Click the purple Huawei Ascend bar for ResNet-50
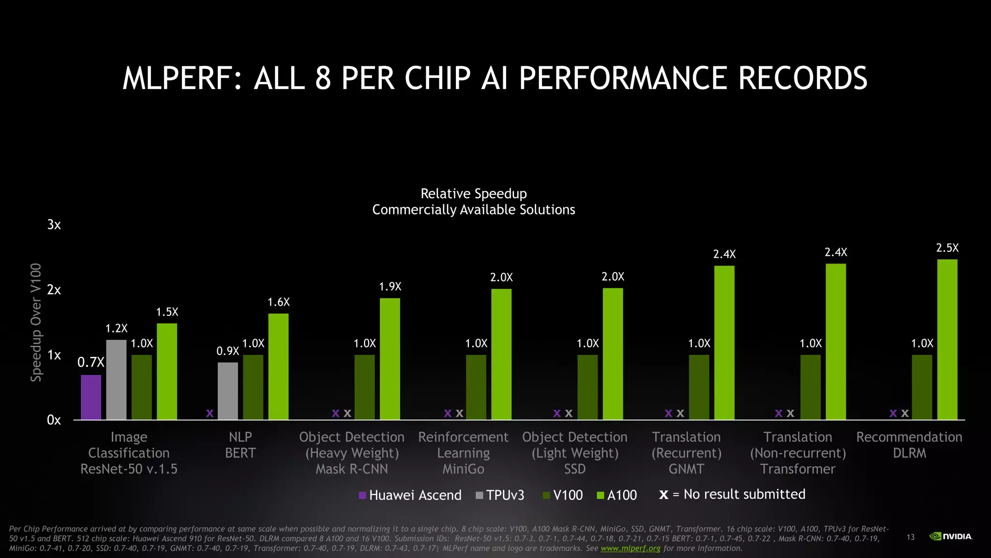pyautogui.click(x=91, y=397)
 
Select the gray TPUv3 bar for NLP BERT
pyautogui.click(x=228, y=391)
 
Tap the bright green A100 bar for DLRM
pyautogui.click(x=947, y=339)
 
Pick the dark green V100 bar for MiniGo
pyautogui.click(x=476, y=387)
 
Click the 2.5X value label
pyautogui.click(x=947, y=248)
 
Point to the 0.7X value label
pyautogui.click(x=91, y=362)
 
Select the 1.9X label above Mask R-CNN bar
pyautogui.click(x=390, y=287)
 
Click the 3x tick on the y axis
pyautogui.click(x=54, y=225)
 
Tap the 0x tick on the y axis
pyautogui.click(x=54, y=420)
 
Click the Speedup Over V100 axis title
pyautogui.click(x=36, y=322)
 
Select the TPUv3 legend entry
pyautogui.click(x=500, y=495)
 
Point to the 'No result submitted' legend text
pyautogui.click(x=744, y=494)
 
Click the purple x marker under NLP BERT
pyautogui.click(x=210, y=413)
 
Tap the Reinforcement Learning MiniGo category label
pyautogui.click(x=463, y=453)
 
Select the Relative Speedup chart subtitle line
pyautogui.click(x=474, y=194)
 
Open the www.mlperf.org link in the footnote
pyautogui.click(x=631, y=548)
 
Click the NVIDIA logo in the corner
pyautogui.click(x=951, y=536)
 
